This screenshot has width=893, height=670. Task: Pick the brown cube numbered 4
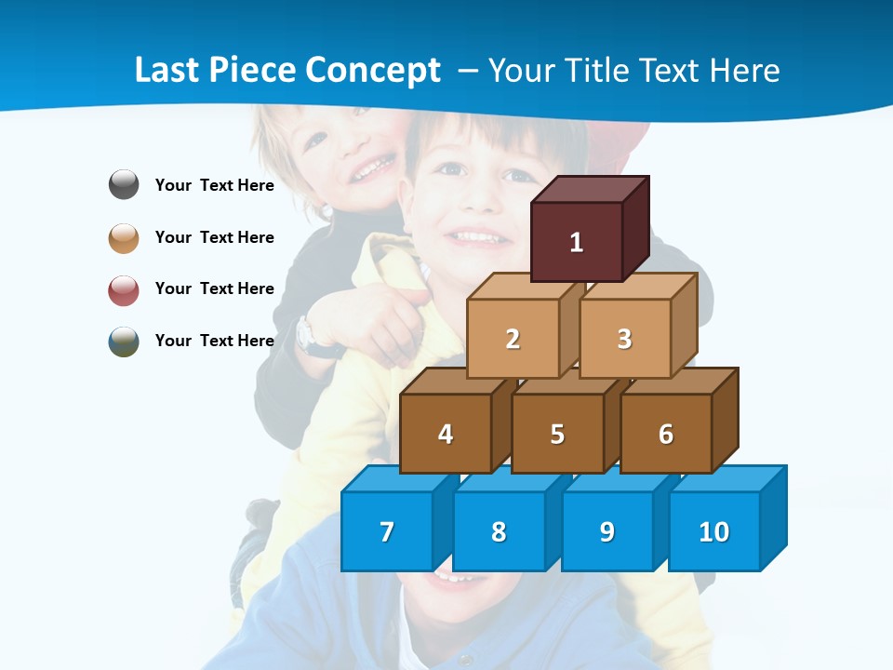(x=446, y=434)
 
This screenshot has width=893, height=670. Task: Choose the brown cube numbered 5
(x=557, y=434)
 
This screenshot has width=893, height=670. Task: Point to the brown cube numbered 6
(x=666, y=434)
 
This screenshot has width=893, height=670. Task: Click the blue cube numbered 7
(x=387, y=531)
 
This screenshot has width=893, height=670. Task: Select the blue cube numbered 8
(x=499, y=531)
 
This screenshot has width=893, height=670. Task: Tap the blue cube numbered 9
(x=607, y=531)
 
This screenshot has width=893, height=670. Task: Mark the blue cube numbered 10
(x=714, y=531)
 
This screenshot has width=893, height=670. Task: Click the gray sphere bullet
(x=124, y=185)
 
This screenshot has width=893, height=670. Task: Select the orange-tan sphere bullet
(x=124, y=237)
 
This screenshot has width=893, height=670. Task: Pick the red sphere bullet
(x=124, y=289)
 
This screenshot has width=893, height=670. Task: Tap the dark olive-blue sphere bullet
(x=124, y=341)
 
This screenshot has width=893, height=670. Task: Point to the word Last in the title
(x=167, y=71)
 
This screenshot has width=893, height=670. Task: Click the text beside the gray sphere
(x=215, y=185)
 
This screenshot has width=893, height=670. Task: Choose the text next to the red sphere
(x=215, y=288)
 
